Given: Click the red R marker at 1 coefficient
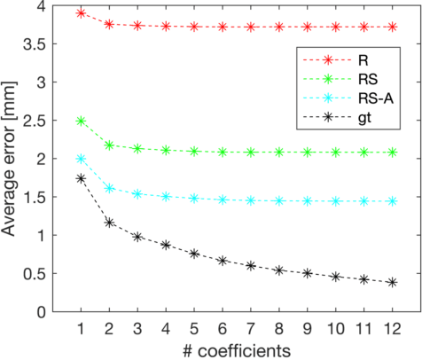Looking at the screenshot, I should pos(81,13).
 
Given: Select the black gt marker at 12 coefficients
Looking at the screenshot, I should pos(393,282).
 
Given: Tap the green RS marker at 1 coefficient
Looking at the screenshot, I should pos(81,121).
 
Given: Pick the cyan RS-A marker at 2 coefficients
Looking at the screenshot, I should pos(109,188).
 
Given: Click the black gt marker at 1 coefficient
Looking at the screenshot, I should pos(81,178).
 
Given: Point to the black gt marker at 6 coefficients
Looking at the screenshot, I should pos(223,261).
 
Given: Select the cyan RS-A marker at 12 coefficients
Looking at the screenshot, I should pos(393,201).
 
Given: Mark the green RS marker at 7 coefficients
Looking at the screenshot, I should pos(251,153).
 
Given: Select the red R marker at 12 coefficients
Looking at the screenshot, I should pos(393,27).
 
